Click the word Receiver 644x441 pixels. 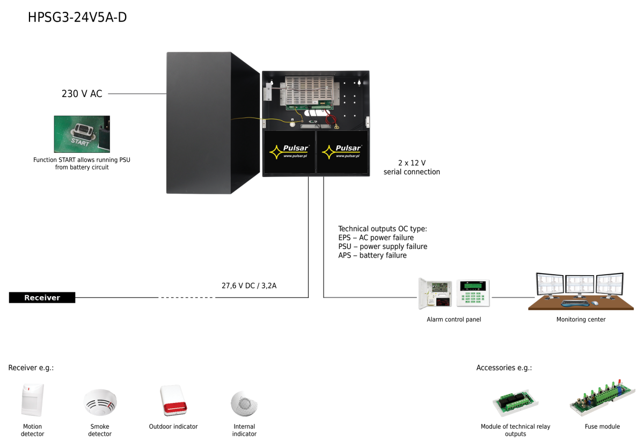click(x=42, y=298)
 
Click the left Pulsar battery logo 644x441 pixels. click(x=289, y=152)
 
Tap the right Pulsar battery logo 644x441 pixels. click(x=342, y=152)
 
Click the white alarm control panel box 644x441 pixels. click(x=435, y=293)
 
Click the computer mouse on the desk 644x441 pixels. click(x=595, y=303)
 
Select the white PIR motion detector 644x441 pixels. click(x=32, y=400)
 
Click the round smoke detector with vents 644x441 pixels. click(x=100, y=402)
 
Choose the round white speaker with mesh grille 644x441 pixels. click(x=244, y=403)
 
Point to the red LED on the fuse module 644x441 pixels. click(x=618, y=382)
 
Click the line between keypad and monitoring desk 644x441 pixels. click(x=513, y=297)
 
